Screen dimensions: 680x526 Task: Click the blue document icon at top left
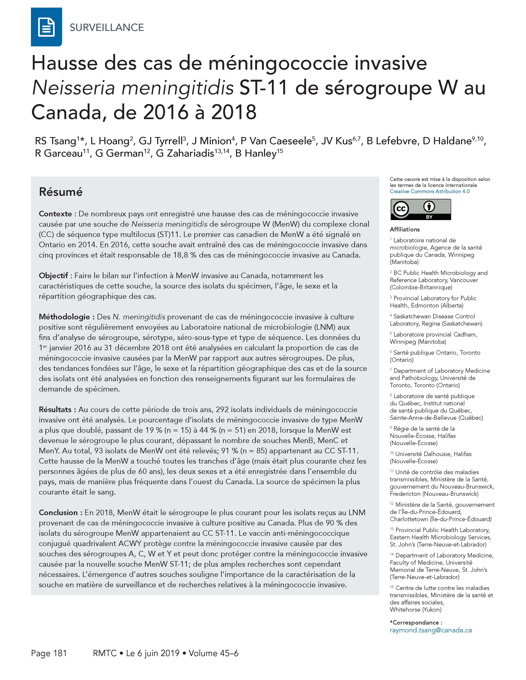(x=46, y=27)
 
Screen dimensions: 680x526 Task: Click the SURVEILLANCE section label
(x=107, y=27)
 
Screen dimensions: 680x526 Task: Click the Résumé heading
(x=61, y=192)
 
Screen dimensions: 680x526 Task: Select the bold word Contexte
(x=55, y=214)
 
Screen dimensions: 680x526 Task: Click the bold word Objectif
(x=53, y=276)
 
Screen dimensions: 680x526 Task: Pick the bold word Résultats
(x=55, y=410)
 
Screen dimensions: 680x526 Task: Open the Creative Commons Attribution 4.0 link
(x=429, y=191)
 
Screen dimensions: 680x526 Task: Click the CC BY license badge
(x=420, y=210)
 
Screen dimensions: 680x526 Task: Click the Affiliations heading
(x=405, y=230)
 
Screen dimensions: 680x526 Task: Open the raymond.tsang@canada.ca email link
(x=431, y=630)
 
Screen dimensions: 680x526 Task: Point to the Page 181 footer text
(x=49, y=653)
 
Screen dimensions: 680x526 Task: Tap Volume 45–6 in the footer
(x=213, y=653)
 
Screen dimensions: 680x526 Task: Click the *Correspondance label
(x=416, y=622)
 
